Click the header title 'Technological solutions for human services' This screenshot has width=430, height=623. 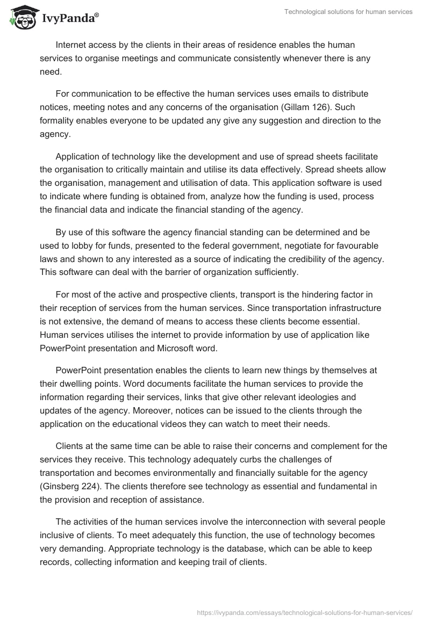(349, 12)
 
